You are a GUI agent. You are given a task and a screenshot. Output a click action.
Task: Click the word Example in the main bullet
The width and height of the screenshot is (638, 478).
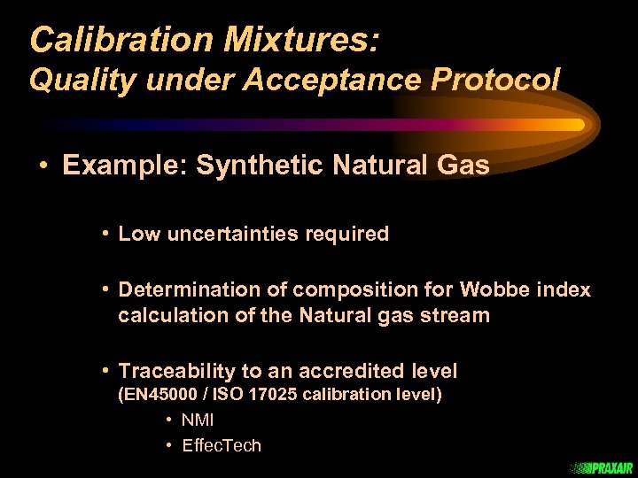click(x=123, y=166)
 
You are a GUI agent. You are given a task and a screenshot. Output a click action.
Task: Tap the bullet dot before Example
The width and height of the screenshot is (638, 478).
click(x=43, y=166)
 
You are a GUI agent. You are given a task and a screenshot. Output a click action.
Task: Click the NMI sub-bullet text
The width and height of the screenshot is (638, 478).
click(x=198, y=420)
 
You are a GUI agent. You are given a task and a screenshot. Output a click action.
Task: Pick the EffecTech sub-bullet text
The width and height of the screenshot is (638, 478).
click(x=222, y=445)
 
